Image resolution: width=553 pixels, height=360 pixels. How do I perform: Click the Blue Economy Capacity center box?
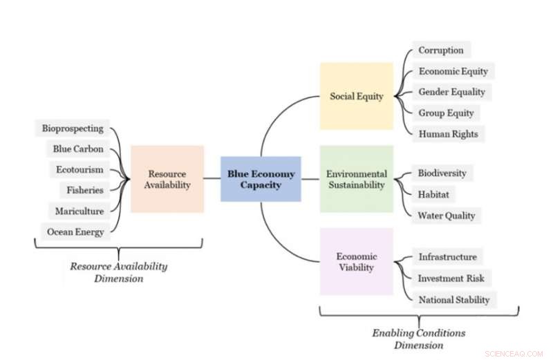click(261, 179)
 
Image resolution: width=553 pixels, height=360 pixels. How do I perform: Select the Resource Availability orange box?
click(167, 179)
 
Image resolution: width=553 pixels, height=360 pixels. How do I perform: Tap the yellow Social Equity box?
click(356, 96)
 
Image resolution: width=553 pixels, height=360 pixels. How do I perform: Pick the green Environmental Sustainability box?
click(356, 179)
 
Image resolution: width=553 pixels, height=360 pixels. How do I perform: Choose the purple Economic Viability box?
click(356, 262)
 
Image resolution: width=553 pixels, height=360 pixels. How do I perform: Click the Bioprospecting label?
click(73, 128)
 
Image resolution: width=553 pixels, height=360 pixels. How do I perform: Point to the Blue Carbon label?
click(78, 149)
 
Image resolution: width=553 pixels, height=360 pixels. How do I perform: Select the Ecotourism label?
click(80, 169)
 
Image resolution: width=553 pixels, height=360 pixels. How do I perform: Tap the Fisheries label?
click(85, 190)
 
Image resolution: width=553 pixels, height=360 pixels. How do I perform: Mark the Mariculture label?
click(79, 211)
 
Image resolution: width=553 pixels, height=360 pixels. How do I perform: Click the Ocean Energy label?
click(75, 231)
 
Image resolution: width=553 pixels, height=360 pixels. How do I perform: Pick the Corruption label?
click(441, 50)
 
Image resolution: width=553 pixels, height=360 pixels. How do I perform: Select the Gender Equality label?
click(451, 92)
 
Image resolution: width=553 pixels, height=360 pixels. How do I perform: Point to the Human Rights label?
click(448, 134)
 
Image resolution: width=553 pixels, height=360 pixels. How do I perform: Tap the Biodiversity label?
click(442, 173)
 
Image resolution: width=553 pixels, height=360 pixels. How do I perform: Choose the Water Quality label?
click(446, 215)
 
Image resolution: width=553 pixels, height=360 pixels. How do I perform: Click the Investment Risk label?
click(451, 278)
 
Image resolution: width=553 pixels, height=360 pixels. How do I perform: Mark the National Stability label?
click(453, 300)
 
